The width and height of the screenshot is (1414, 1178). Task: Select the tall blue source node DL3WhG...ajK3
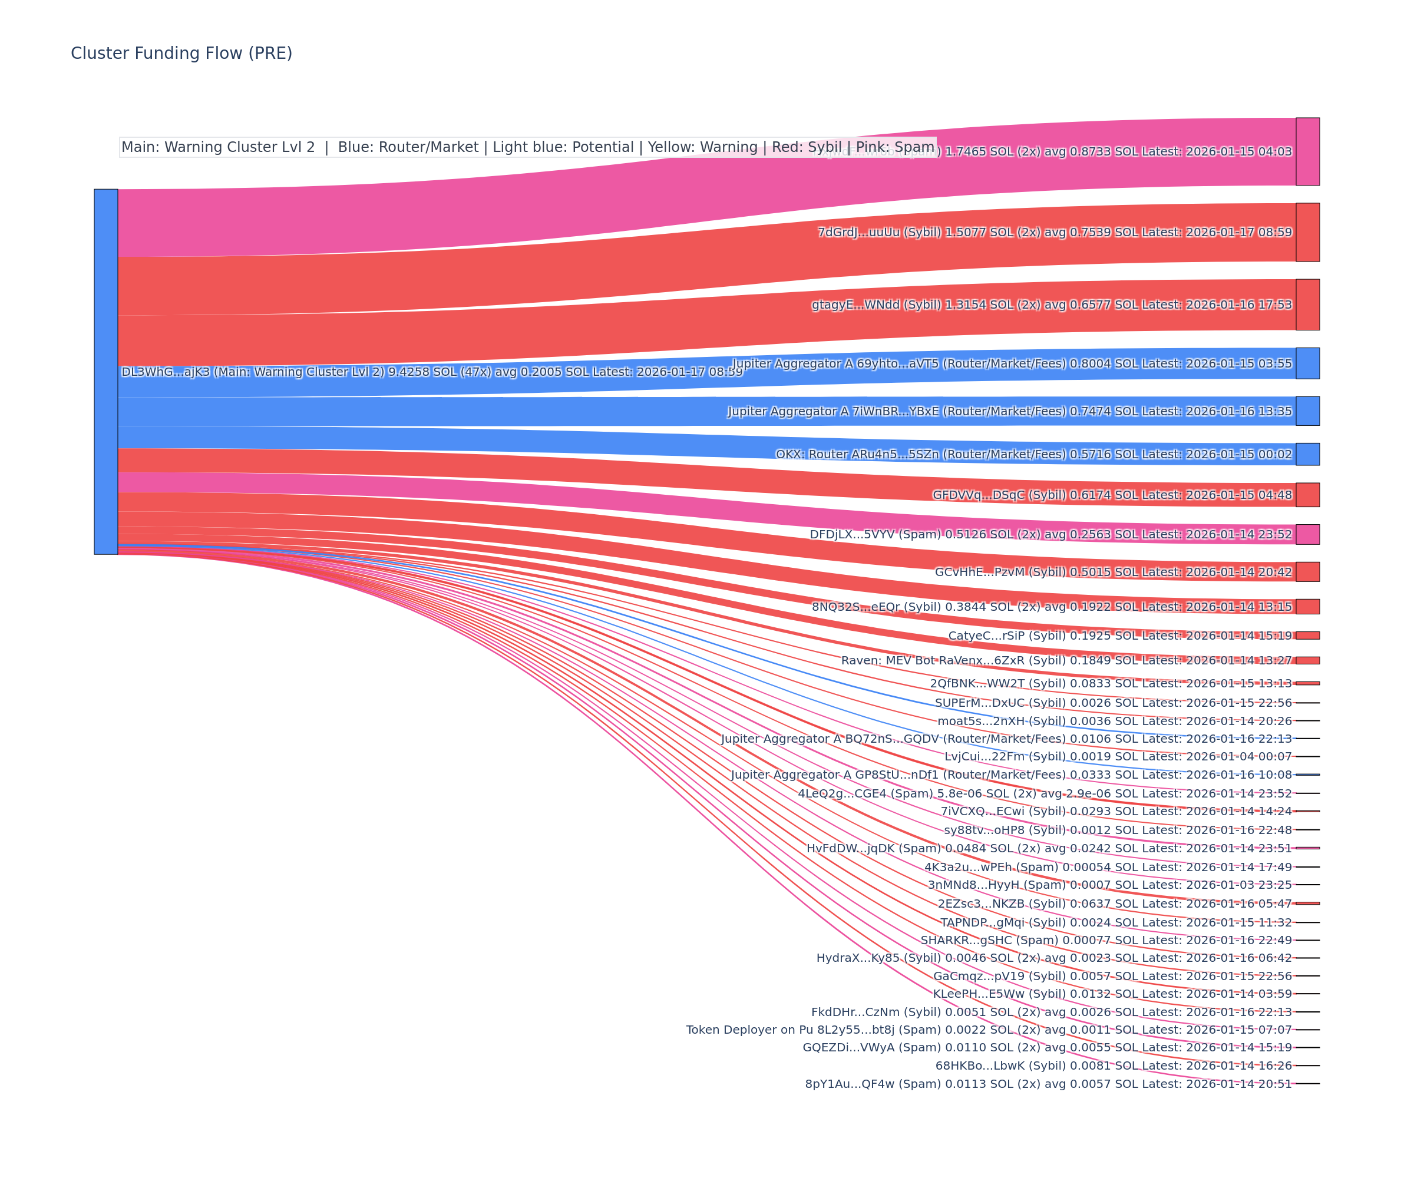105,372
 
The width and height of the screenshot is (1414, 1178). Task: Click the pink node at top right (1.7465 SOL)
1307,151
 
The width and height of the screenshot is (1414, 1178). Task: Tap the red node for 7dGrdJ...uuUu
1307,232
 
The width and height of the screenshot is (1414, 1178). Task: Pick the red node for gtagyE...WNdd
1307,305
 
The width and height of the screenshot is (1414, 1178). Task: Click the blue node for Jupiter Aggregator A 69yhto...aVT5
1307,363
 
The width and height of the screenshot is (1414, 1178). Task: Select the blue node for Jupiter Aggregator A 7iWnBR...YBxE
1307,411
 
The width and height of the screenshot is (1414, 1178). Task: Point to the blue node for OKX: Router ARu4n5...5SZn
1307,454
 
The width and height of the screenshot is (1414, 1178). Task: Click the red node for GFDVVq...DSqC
1307,495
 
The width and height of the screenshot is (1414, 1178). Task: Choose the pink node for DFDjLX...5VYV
1307,534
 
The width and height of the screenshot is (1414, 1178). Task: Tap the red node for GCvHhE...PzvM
1307,571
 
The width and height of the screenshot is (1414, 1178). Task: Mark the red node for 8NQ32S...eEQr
1307,607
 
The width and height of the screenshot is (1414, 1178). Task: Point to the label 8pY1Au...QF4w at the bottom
1048,1084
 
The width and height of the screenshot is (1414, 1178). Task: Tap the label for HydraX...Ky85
1054,958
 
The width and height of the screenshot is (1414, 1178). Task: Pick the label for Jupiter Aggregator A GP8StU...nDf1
1012,775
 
